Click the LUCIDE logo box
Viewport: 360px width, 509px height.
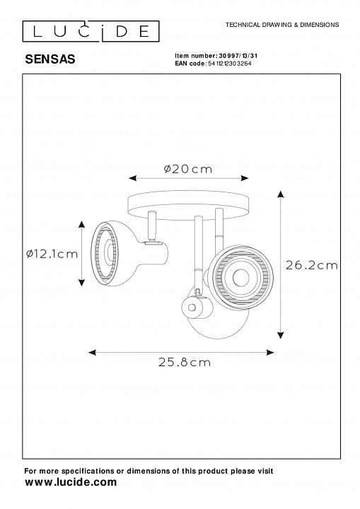(x=91, y=32)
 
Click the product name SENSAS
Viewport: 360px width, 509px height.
(x=50, y=59)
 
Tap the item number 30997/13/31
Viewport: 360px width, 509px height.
(x=238, y=56)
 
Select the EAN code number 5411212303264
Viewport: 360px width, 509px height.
(x=229, y=64)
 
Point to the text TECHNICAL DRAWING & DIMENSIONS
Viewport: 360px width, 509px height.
(x=282, y=25)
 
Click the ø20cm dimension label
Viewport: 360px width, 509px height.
(x=188, y=169)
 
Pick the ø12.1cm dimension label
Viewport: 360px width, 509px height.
(x=52, y=254)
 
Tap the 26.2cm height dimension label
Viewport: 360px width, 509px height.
(x=312, y=265)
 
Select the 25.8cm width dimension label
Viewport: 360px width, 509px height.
(x=185, y=362)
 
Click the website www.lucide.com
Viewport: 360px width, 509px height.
(x=71, y=482)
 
